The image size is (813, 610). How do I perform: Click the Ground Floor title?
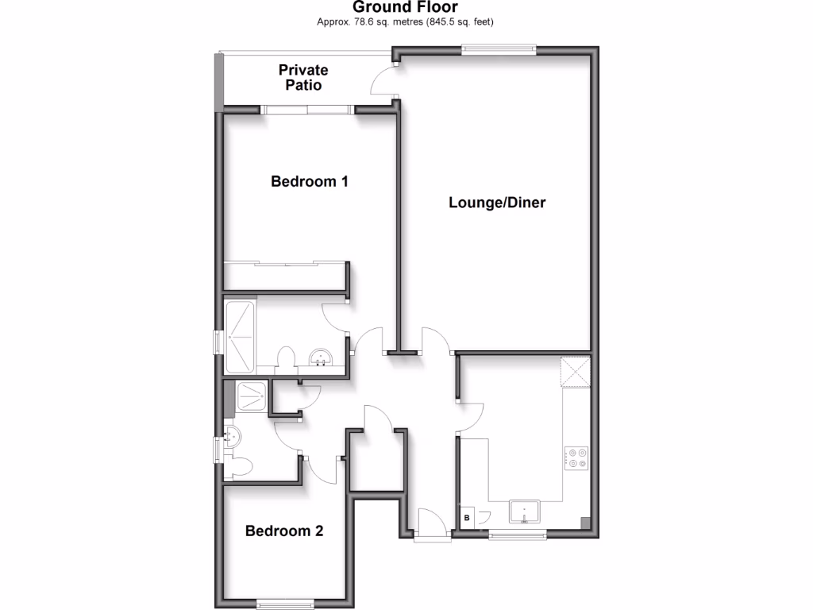pos(406,7)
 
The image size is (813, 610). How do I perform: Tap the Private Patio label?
pos(302,77)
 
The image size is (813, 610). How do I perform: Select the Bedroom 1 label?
pos(310,181)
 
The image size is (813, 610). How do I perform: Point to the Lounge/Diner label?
pos(497,202)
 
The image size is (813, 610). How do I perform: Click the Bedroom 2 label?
pos(284,531)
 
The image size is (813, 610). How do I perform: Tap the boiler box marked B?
pos(467,518)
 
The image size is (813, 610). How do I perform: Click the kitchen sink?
pos(524,513)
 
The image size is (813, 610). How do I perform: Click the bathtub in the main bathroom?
pos(240,336)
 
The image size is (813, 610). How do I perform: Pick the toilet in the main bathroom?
pos(287,359)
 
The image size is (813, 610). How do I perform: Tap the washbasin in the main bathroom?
pos(322,357)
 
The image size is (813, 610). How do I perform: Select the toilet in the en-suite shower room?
pos(241,465)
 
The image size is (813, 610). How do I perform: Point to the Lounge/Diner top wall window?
pos(499,49)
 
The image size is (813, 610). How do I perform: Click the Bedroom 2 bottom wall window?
pos(283,603)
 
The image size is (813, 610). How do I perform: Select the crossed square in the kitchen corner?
pos(576,372)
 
